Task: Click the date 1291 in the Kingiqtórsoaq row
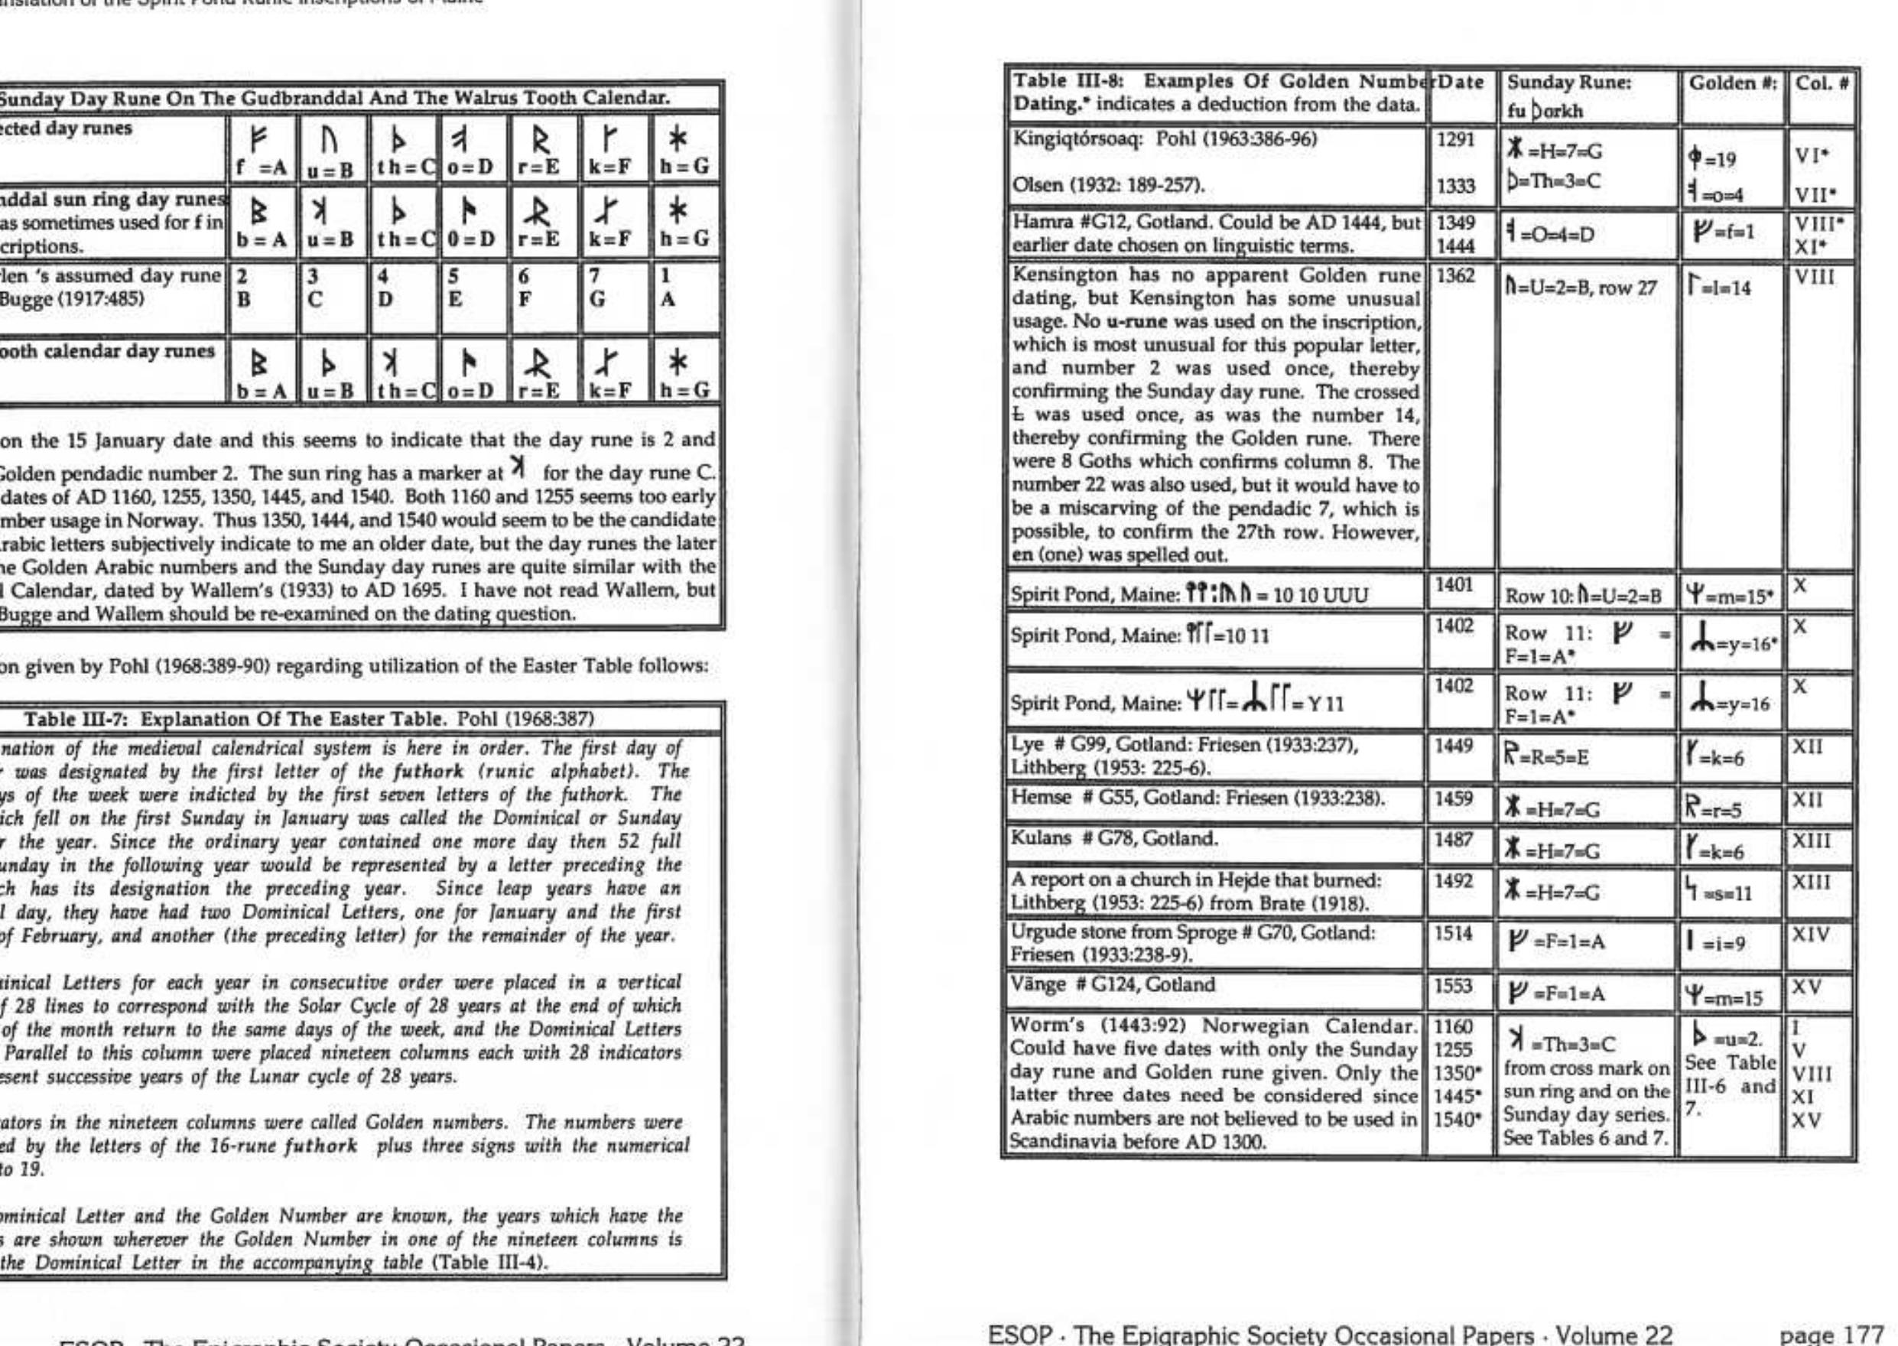click(1455, 140)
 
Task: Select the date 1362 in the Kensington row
click(1455, 276)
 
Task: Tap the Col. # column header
click(1822, 83)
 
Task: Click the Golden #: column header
click(1729, 83)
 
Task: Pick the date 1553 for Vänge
click(1455, 987)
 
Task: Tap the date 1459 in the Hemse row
click(1455, 800)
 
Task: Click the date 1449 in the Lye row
click(1455, 746)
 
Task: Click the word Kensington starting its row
click(1057, 275)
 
